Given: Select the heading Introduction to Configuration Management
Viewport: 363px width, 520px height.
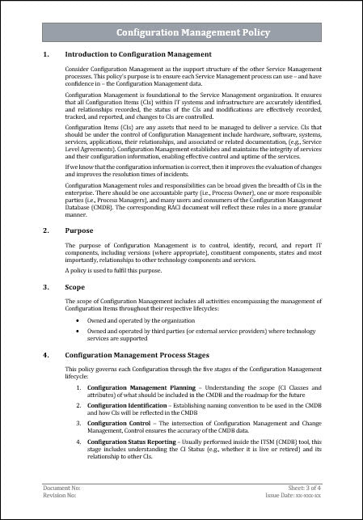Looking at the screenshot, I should (x=138, y=55).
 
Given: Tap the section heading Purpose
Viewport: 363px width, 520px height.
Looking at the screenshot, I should (x=79, y=230).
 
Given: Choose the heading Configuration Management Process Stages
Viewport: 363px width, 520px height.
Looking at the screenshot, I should (x=135, y=355).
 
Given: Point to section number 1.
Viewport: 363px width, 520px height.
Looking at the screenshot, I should (x=45, y=55).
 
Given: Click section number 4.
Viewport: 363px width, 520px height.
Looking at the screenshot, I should (x=45, y=355).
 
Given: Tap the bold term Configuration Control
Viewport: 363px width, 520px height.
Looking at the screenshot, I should (x=116, y=422).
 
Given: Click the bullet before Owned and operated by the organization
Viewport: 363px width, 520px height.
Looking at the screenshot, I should (x=77, y=320).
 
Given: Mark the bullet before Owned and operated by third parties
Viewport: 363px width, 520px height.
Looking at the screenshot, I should (x=77, y=331).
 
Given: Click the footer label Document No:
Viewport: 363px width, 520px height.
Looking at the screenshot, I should (x=61, y=489).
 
